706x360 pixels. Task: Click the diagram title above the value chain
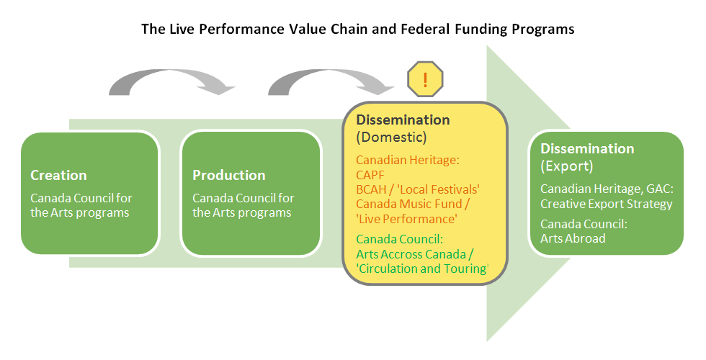point(357,30)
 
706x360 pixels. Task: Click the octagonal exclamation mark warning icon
point(425,78)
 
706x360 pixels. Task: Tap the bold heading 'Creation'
point(58,175)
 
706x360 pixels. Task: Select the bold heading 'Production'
point(228,175)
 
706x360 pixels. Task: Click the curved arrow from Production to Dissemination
point(331,80)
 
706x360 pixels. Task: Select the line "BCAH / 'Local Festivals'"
point(418,189)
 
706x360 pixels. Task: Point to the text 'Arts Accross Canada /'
point(416,253)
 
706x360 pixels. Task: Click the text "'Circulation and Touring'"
point(422,269)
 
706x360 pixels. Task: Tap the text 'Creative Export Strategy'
point(606,204)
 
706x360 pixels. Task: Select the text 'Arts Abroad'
point(573,238)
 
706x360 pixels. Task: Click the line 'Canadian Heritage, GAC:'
point(606,189)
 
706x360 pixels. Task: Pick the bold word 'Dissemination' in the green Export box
point(587,148)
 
